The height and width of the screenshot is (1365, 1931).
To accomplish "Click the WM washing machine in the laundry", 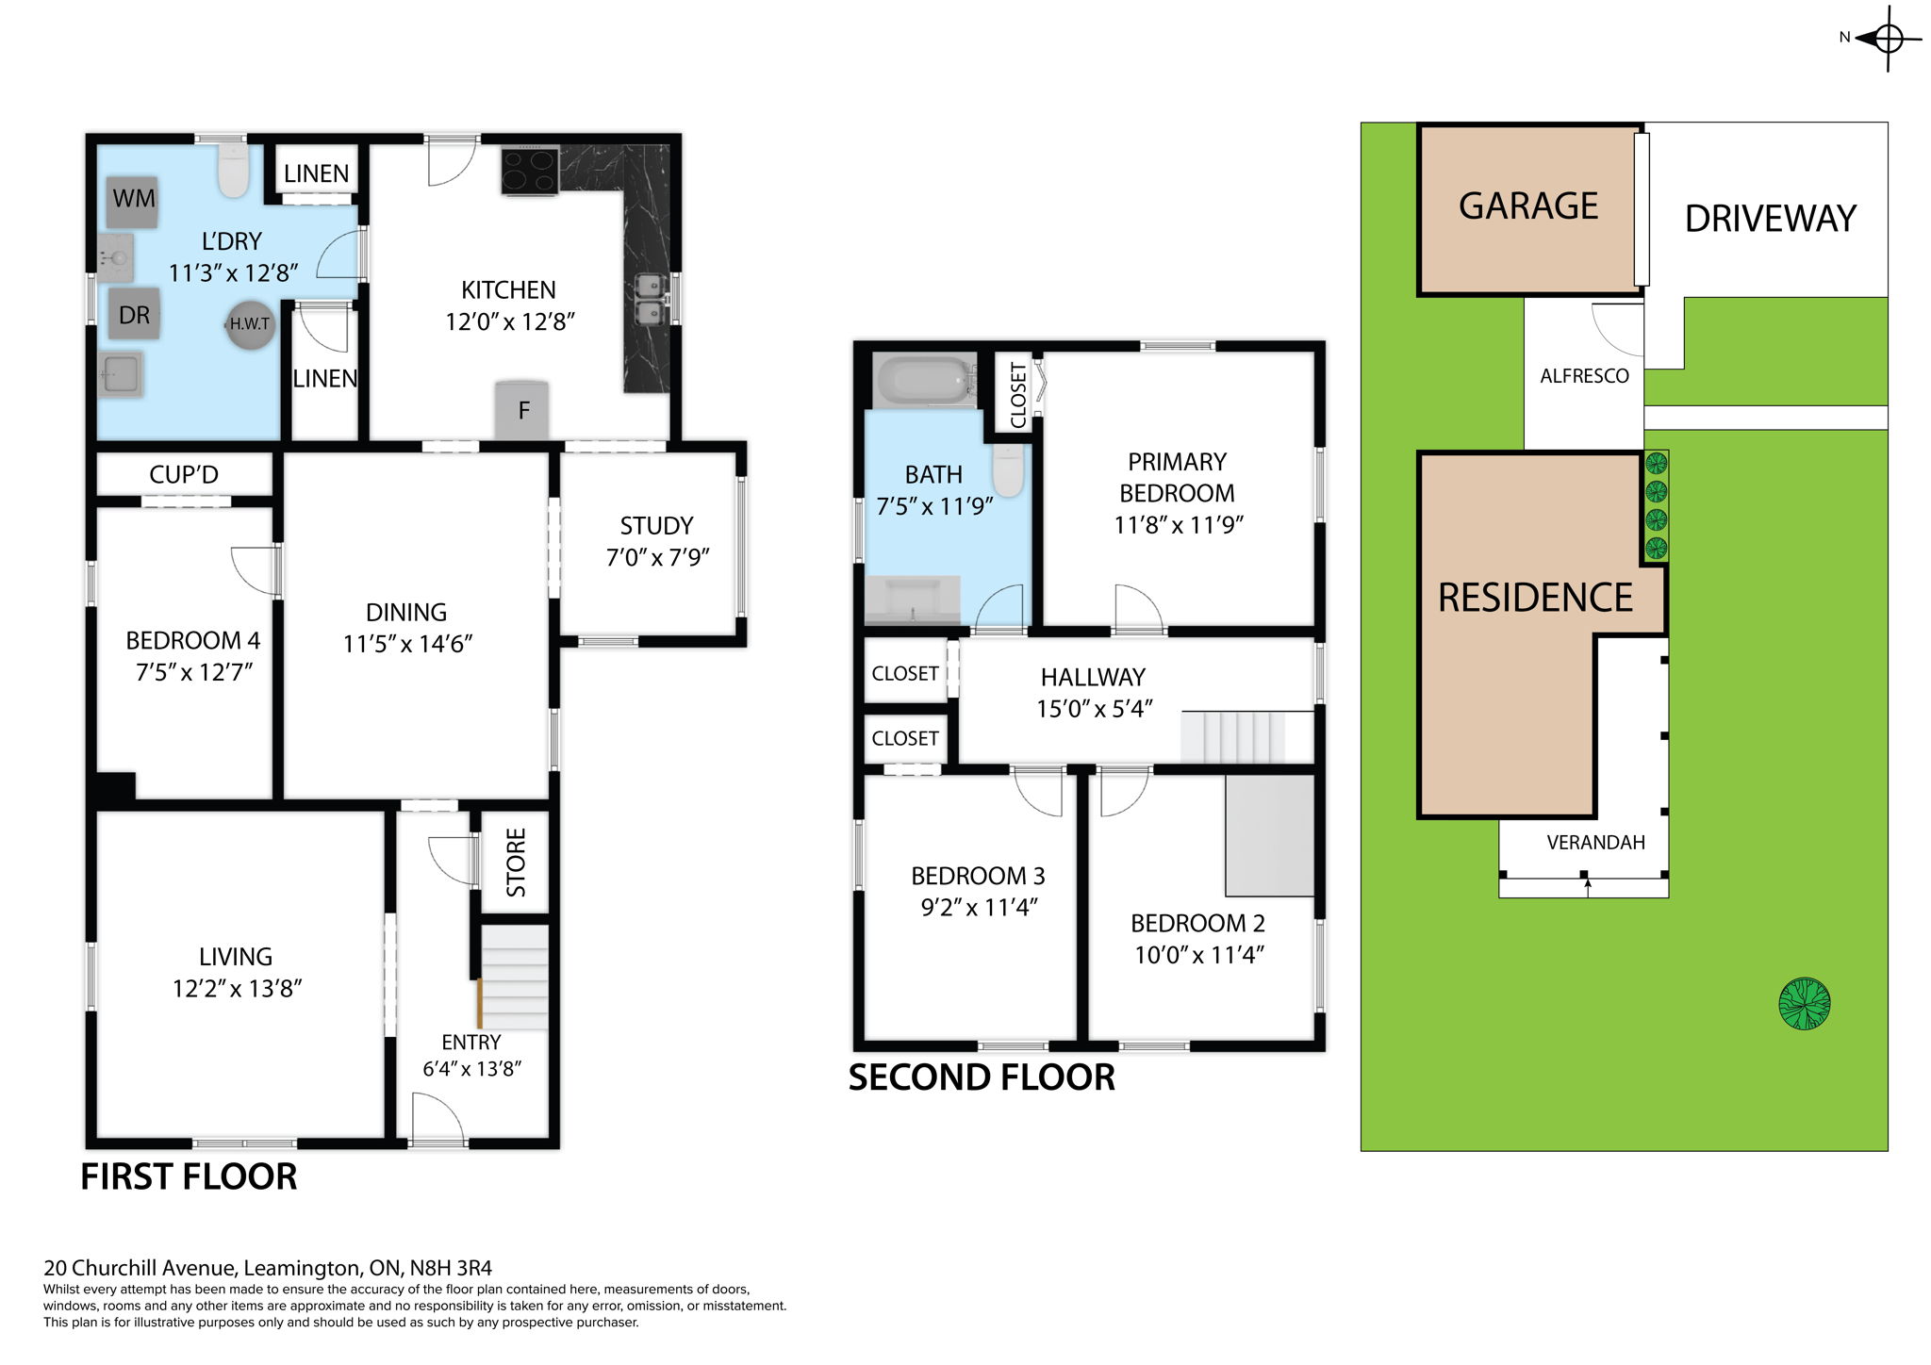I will [x=132, y=201].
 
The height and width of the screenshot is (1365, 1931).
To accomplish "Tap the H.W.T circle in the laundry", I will [x=250, y=324].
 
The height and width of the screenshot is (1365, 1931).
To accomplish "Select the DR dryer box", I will [x=134, y=315].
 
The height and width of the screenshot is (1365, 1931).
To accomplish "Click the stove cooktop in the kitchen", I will [x=530, y=172].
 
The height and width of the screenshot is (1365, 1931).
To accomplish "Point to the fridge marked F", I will [x=522, y=410].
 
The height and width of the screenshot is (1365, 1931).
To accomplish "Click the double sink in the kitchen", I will [x=649, y=298].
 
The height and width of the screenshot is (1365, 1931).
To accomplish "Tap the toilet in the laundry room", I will [x=233, y=170].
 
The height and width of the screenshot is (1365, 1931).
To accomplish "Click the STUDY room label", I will [x=656, y=525].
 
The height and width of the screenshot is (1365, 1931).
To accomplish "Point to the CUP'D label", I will [x=184, y=474].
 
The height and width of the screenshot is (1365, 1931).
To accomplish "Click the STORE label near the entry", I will [x=516, y=863].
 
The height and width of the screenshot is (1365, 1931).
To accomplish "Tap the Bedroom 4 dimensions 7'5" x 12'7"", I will [x=193, y=672].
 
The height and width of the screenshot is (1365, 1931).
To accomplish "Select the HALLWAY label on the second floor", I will [x=1093, y=677].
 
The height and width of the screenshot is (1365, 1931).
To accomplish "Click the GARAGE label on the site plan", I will [x=1528, y=206].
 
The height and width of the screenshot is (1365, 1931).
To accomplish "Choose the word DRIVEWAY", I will [x=1770, y=219].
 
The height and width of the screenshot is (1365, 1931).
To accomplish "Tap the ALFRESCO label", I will [x=1584, y=376].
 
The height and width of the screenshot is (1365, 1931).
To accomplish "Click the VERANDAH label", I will [x=1595, y=843].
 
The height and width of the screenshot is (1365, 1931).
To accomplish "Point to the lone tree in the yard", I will [x=1804, y=1004].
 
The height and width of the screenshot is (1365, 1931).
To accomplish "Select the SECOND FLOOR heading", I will [x=982, y=1077].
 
